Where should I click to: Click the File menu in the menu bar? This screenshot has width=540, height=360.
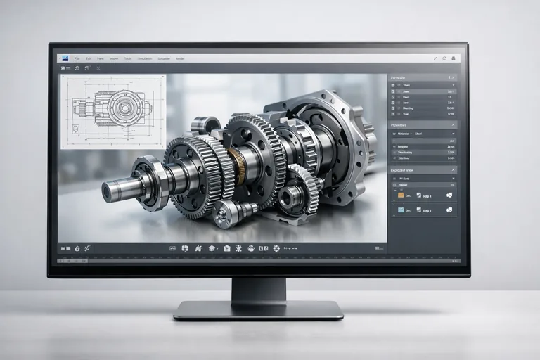coord(77,58)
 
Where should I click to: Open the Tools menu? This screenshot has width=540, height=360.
coord(128,58)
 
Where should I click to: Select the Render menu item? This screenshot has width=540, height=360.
coord(180,58)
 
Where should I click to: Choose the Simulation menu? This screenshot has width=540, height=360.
coord(145,58)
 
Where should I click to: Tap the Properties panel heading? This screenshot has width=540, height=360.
coord(400,124)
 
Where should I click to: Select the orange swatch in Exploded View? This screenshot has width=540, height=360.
coord(401,195)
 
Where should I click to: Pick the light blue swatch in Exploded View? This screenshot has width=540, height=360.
coord(401,210)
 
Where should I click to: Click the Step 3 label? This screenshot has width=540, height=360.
coord(425,195)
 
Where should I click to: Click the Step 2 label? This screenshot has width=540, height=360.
coord(425,210)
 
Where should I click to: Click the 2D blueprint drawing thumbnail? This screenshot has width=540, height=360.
coord(112,110)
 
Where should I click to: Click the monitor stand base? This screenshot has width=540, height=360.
coord(258,310)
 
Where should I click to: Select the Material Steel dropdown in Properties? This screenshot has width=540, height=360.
coord(422,132)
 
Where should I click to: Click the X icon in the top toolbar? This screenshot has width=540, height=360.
coord(98,67)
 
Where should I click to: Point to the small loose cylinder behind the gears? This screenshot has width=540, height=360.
coord(205,124)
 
